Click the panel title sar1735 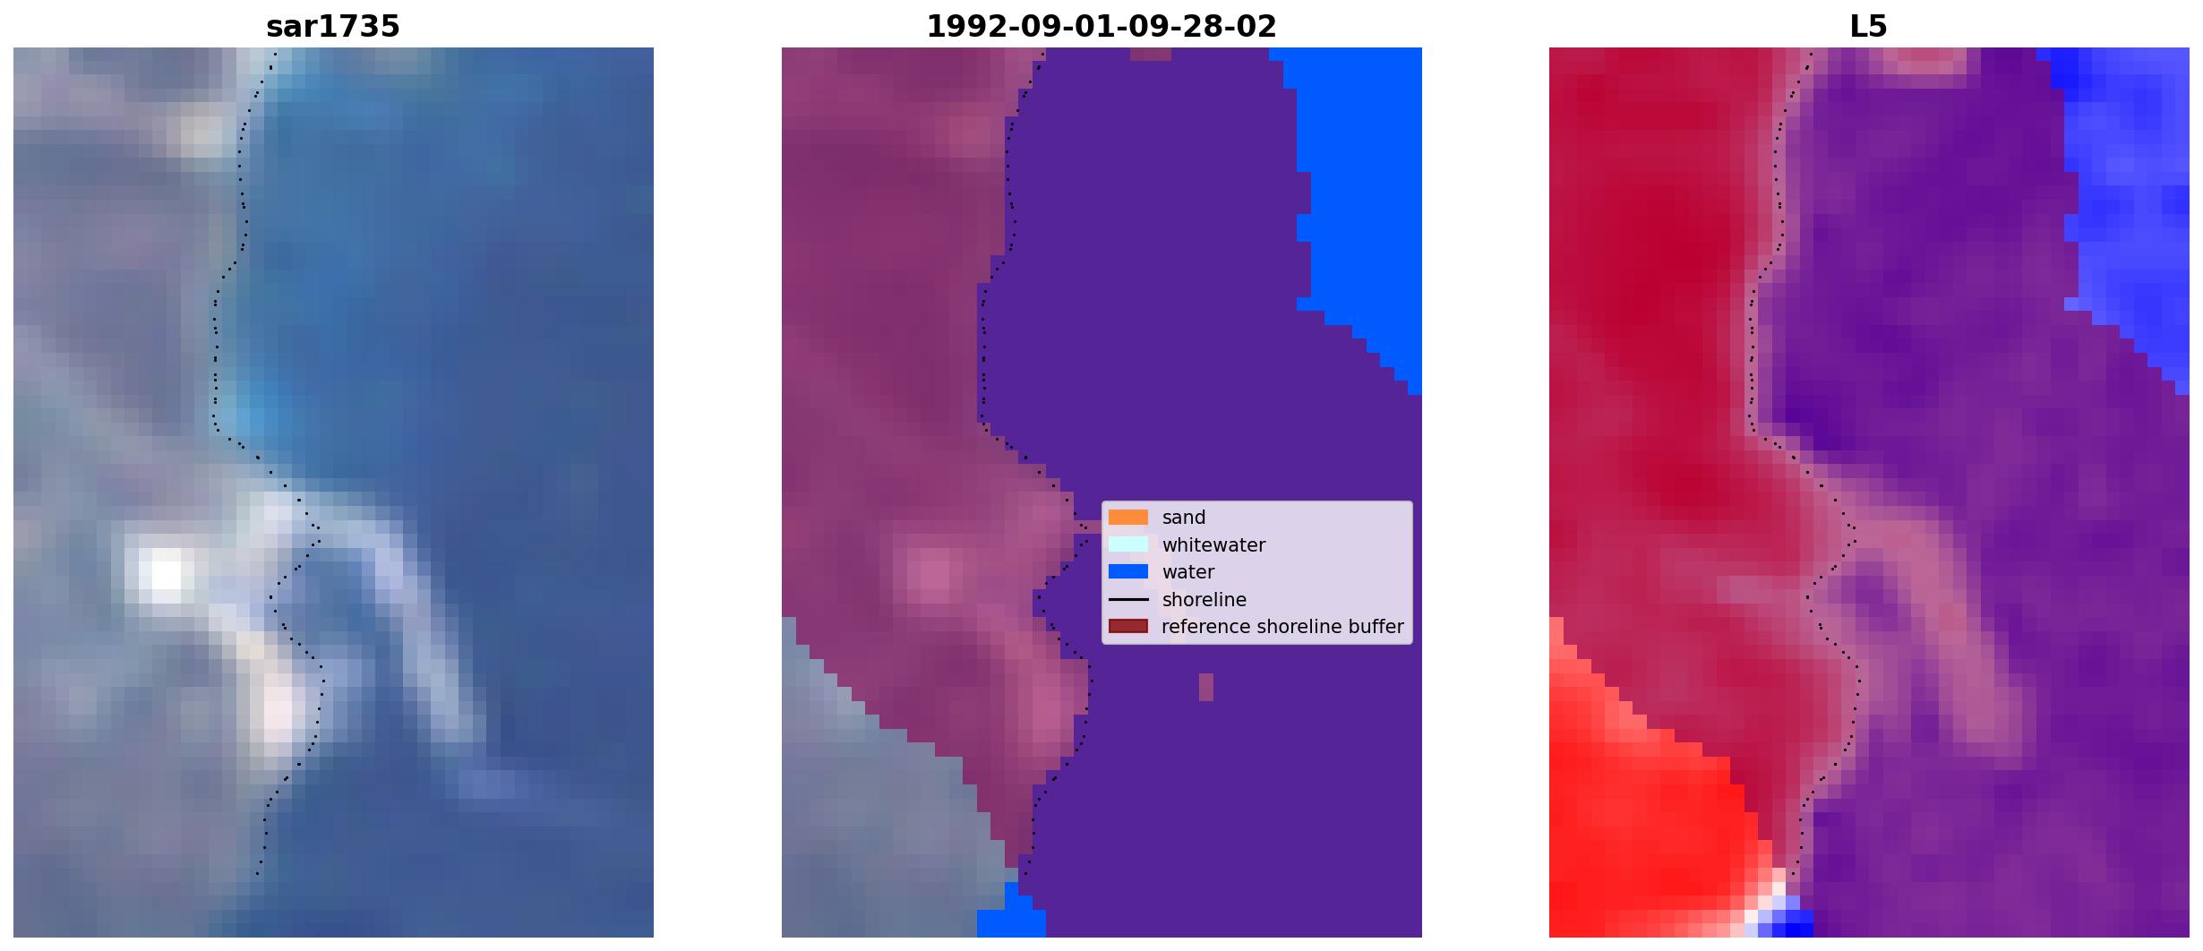coord(332,27)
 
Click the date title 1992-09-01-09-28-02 coord(1101,27)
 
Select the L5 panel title coord(1868,27)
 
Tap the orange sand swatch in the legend coord(1127,518)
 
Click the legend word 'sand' coord(1183,518)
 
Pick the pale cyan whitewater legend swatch coord(1127,544)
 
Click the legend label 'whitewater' coord(1213,544)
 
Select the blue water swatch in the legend coord(1127,571)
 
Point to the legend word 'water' coord(1187,572)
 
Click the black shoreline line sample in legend coord(1127,599)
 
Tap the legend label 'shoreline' coord(1204,600)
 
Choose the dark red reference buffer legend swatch coord(1127,626)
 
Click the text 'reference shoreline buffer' coord(1282,627)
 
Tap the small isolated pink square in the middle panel coord(1205,687)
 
